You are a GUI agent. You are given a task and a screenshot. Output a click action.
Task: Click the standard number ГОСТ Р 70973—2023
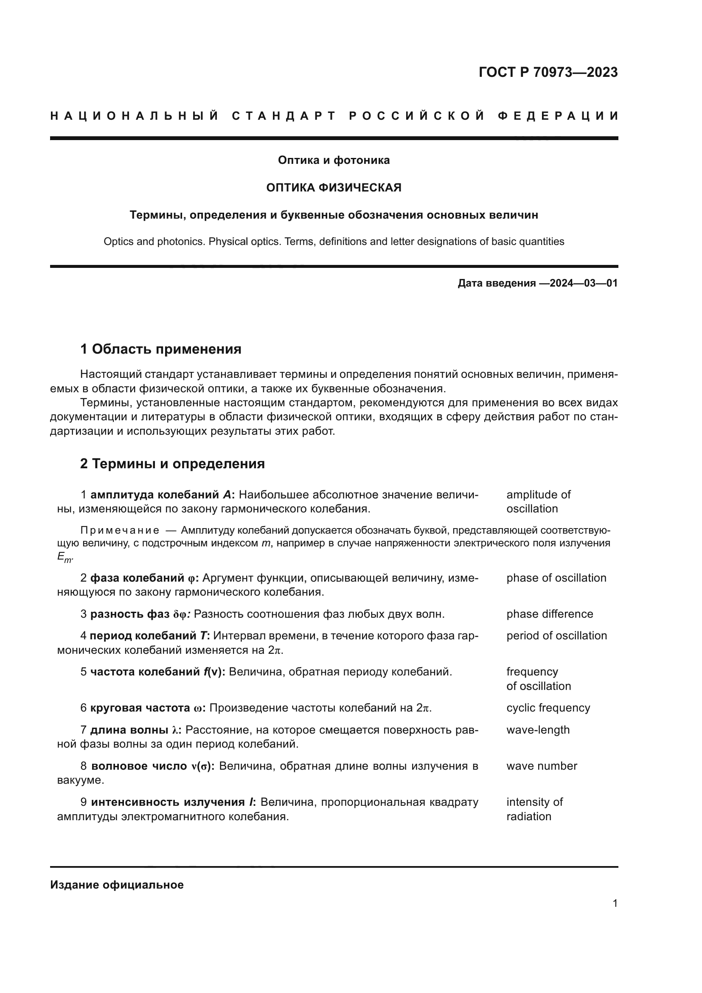pyautogui.click(x=548, y=72)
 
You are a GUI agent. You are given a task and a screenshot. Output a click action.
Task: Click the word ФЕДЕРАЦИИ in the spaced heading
pyautogui.click(x=558, y=116)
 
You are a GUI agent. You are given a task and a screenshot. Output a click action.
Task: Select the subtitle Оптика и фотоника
pyautogui.click(x=334, y=160)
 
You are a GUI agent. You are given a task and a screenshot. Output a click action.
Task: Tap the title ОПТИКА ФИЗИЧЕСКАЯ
pyautogui.click(x=334, y=188)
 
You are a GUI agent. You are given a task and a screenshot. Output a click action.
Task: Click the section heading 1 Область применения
pyautogui.click(x=161, y=349)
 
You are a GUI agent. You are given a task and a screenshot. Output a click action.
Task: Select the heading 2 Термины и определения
pyautogui.click(x=172, y=464)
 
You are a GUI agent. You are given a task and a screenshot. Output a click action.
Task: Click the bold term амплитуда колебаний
pyautogui.click(x=155, y=495)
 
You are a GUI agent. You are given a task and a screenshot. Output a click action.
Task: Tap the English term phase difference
pyautogui.click(x=549, y=614)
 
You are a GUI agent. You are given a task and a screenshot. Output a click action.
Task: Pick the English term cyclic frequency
pyautogui.click(x=548, y=708)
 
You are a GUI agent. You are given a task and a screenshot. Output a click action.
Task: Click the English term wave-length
pyautogui.click(x=538, y=730)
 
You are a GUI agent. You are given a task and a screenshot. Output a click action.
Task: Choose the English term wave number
pyautogui.click(x=541, y=766)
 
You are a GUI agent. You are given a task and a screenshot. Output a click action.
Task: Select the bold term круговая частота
pyautogui.click(x=140, y=708)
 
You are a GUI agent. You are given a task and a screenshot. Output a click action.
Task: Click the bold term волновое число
pyautogui.click(x=139, y=766)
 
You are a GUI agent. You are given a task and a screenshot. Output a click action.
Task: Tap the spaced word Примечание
pyautogui.click(x=120, y=531)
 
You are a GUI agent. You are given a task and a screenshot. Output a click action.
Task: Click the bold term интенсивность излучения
pyautogui.click(x=168, y=802)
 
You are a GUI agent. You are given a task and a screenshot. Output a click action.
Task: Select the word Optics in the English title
pyautogui.click(x=118, y=242)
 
